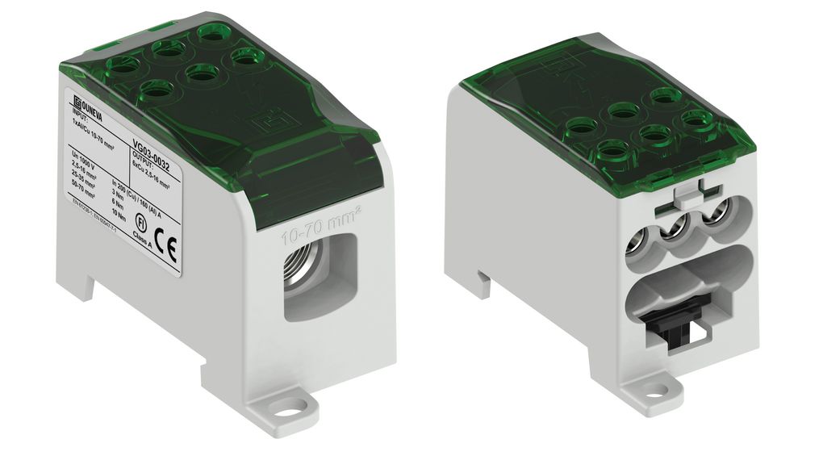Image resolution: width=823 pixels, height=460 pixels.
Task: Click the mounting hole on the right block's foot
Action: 651,391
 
